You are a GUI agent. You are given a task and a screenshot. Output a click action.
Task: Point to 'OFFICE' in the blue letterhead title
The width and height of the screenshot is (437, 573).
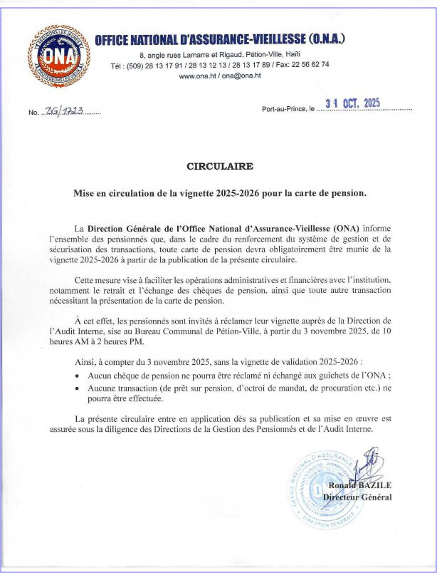(115, 39)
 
